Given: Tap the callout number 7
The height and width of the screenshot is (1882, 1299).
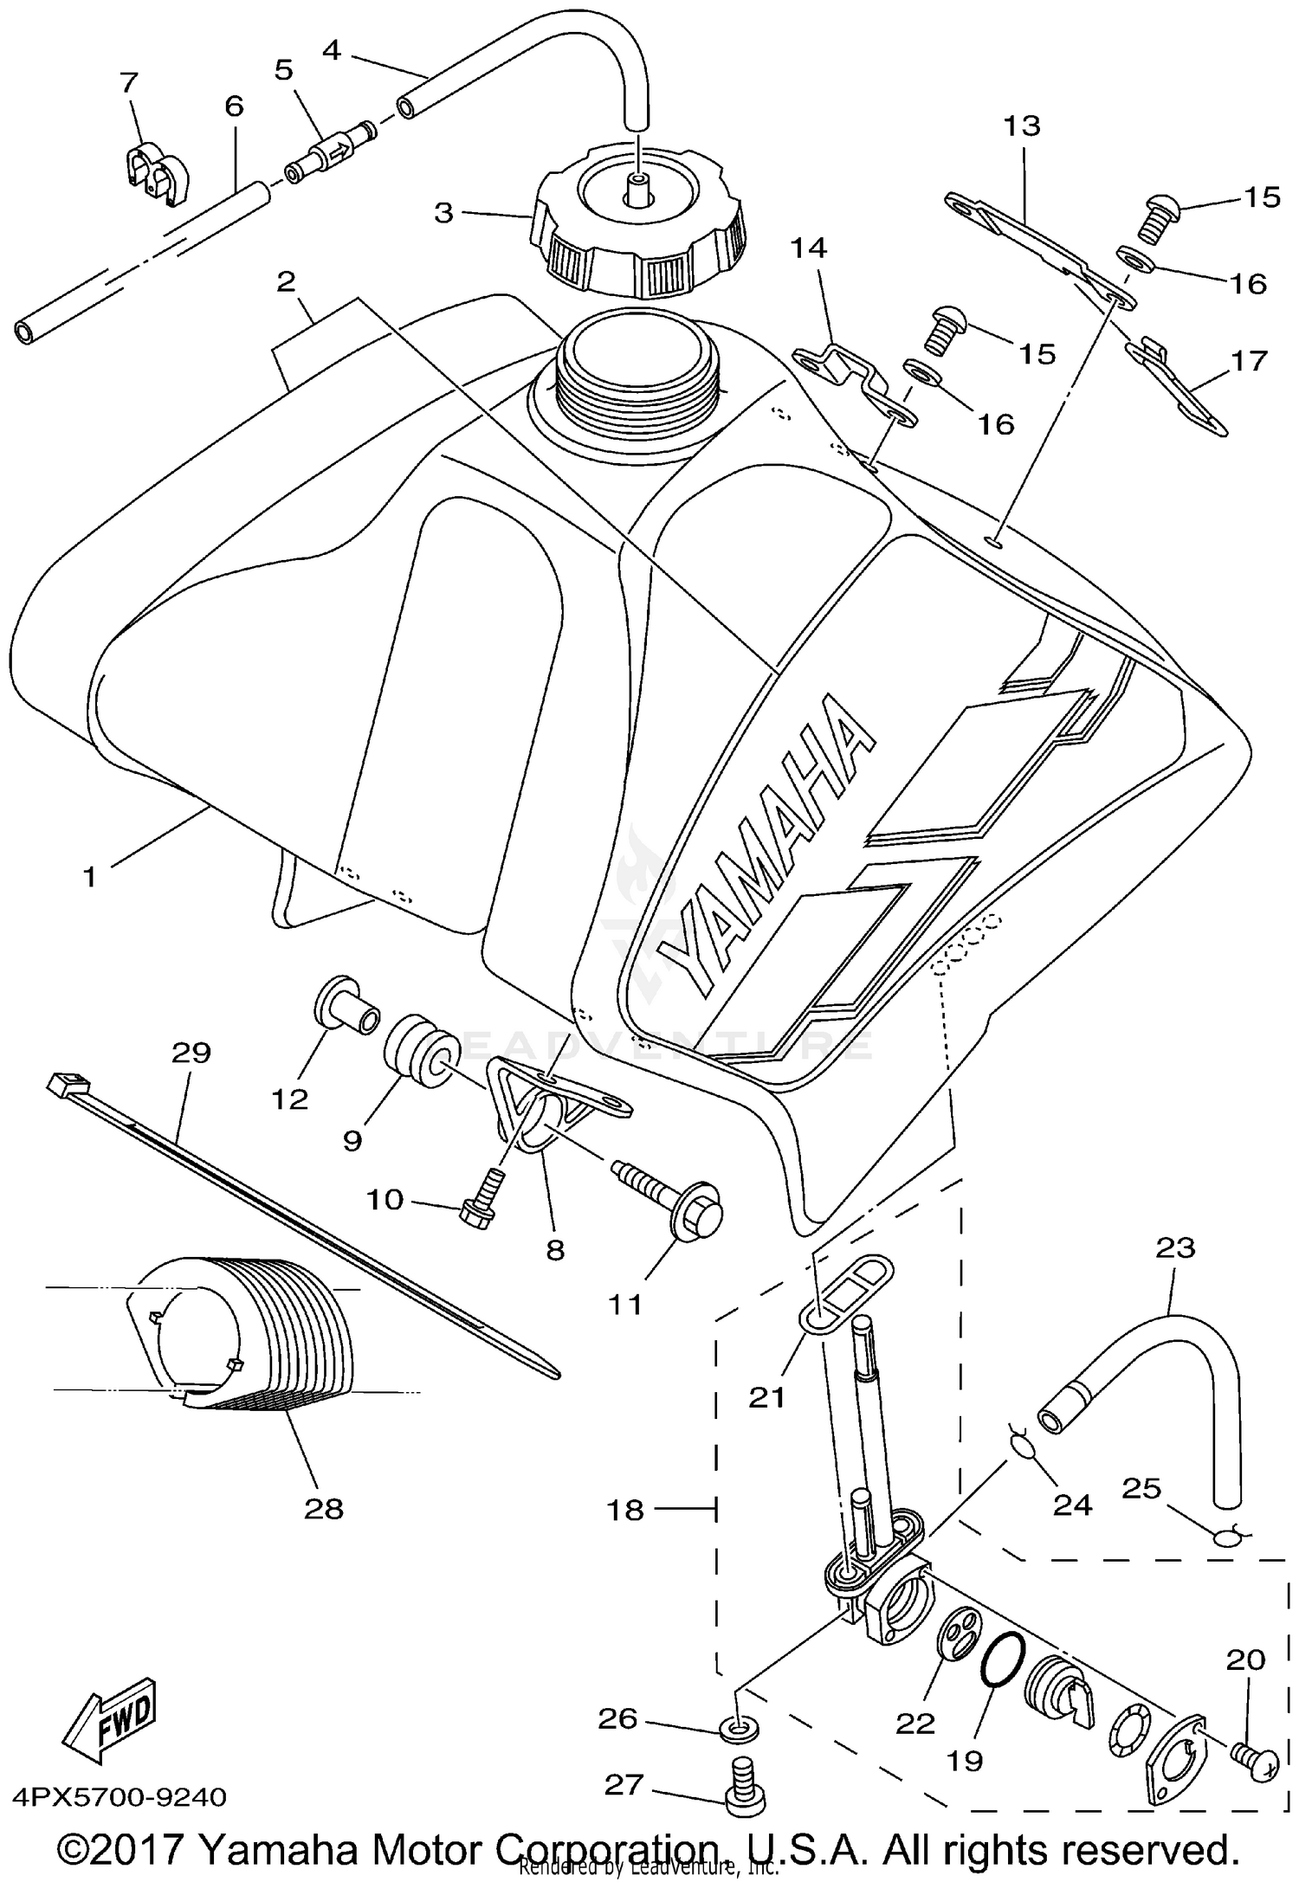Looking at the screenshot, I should (129, 83).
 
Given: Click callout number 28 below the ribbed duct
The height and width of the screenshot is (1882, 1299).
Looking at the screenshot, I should (324, 1509).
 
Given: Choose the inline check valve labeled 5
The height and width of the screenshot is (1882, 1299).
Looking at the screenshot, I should (332, 154).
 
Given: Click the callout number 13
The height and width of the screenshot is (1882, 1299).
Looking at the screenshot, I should (1022, 126).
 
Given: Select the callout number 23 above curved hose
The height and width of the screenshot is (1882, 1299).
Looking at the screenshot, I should (1174, 1247).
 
